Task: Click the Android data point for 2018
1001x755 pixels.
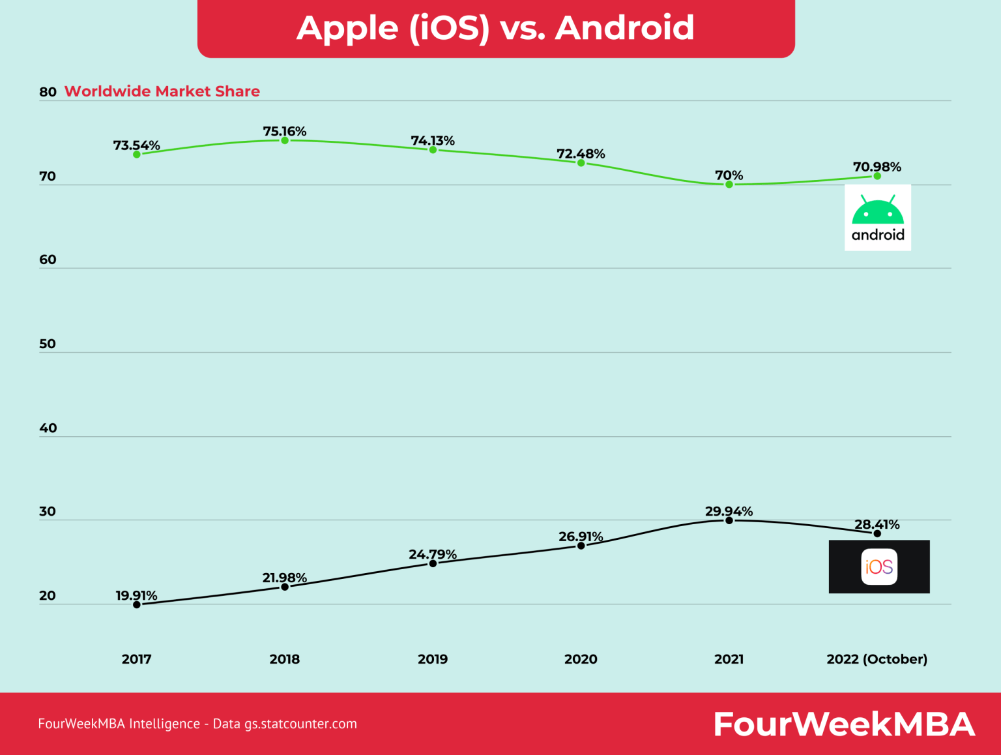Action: click(x=285, y=140)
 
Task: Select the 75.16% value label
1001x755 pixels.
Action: click(x=285, y=131)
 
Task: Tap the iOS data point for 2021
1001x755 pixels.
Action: click(x=729, y=520)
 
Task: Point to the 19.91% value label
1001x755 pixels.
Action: click(x=136, y=595)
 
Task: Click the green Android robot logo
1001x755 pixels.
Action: click(x=878, y=212)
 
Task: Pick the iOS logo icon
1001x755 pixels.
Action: click(x=879, y=567)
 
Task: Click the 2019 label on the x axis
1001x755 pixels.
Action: click(x=433, y=659)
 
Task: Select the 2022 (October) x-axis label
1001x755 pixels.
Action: click(x=877, y=659)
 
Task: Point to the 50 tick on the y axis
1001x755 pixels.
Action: click(x=48, y=344)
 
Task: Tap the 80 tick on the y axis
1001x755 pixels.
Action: click(x=48, y=92)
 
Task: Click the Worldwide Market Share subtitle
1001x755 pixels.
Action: click(x=162, y=91)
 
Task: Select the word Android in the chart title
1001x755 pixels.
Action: click(x=624, y=28)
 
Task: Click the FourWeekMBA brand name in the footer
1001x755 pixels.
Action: click(x=844, y=724)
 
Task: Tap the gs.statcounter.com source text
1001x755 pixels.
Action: click(x=300, y=724)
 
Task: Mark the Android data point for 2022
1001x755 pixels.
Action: click(x=877, y=176)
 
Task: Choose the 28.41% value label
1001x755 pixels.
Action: click(x=877, y=524)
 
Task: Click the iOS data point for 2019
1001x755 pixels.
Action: click(x=433, y=563)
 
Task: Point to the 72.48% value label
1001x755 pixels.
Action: click(x=581, y=154)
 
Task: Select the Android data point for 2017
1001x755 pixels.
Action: click(x=137, y=155)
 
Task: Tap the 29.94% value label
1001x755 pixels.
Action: click(x=729, y=511)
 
